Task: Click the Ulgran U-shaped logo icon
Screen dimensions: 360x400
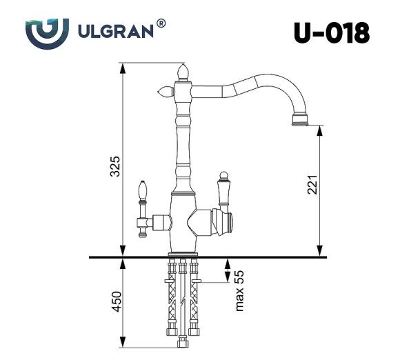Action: coord(47,31)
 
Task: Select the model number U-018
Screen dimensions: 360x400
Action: coord(331,32)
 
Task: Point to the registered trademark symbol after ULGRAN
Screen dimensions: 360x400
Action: coord(161,23)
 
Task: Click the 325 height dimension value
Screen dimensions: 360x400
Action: coord(116,166)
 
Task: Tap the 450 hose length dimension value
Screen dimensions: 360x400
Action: coord(116,301)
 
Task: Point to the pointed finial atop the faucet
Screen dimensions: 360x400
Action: coord(183,70)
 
